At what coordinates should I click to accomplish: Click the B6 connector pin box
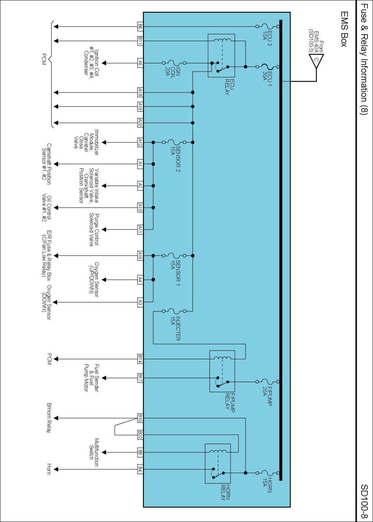click(140, 26)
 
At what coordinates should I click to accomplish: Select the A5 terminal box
click(140, 63)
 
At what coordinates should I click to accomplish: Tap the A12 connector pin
click(140, 143)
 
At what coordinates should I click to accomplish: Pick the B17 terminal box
click(140, 378)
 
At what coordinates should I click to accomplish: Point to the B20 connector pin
click(140, 435)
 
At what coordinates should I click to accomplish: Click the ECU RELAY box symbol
click(221, 56)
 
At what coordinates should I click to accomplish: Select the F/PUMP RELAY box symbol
click(222, 371)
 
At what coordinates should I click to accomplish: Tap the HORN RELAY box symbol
click(218, 463)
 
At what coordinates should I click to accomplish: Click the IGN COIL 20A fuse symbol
click(174, 63)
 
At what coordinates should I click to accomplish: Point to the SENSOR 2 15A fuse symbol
click(174, 143)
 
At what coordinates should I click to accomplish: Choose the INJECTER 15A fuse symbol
click(174, 311)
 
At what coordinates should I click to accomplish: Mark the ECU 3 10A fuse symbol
click(267, 26)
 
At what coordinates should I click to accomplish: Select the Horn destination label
click(49, 469)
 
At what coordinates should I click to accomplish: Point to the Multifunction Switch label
click(94, 452)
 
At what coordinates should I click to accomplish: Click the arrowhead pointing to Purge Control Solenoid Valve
click(104, 230)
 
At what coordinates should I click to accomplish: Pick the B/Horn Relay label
click(49, 418)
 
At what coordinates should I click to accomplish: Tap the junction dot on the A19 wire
click(193, 106)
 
